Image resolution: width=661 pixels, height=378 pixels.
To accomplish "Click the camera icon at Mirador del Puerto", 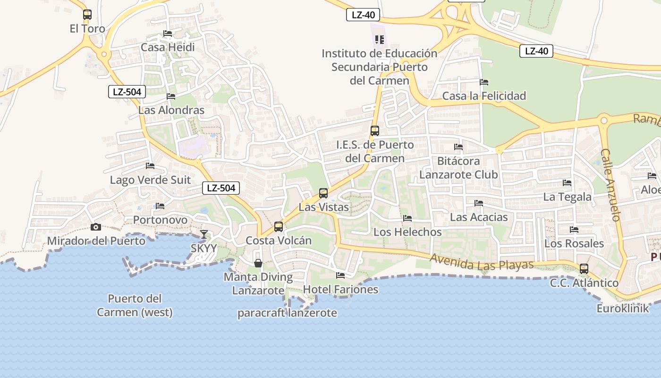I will [x=96, y=227].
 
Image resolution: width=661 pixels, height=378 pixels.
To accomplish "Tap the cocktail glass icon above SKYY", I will [x=204, y=234].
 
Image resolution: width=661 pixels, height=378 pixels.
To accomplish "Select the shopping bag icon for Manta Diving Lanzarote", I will [x=258, y=263].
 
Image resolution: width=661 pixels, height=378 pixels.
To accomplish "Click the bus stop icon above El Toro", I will [x=87, y=15].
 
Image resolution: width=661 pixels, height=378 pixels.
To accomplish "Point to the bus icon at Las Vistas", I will [x=323, y=193].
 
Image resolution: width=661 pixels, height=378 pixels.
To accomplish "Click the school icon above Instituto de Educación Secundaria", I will [x=380, y=40].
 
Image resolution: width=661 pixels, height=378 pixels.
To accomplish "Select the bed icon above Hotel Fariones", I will [x=340, y=275].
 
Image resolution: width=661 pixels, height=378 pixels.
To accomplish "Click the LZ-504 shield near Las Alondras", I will [x=127, y=92].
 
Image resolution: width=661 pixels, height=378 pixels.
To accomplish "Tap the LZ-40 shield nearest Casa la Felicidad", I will [x=536, y=51].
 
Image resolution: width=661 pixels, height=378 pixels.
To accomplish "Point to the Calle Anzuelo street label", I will [x=610, y=185].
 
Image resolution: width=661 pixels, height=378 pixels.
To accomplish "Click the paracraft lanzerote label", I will [x=287, y=313].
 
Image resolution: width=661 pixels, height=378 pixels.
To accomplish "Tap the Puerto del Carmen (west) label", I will [x=135, y=305].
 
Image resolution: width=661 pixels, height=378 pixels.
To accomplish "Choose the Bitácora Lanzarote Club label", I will [x=458, y=168].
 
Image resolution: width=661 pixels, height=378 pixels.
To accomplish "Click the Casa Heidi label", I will [x=168, y=47].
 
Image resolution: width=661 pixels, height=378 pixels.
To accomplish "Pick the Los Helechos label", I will [x=407, y=232].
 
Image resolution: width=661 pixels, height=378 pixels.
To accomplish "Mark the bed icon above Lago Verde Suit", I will [x=150, y=166].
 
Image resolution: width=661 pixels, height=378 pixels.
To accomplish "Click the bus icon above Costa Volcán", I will [x=279, y=227].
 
